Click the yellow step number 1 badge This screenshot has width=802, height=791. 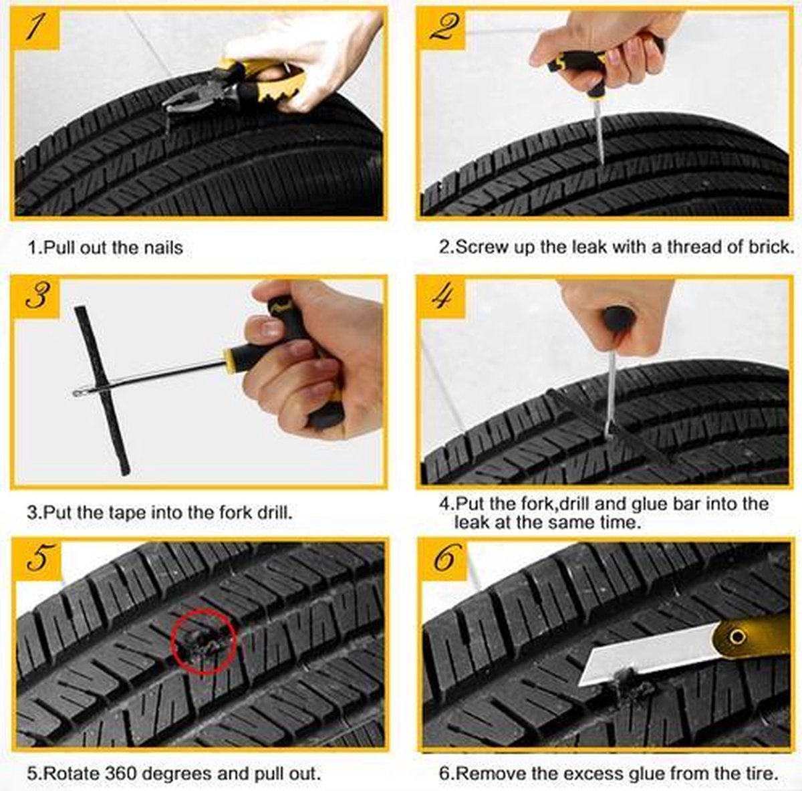(x=36, y=29)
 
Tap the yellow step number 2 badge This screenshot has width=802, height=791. (x=442, y=29)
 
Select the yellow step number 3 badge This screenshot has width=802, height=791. (x=36, y=298)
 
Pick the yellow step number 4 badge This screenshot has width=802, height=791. (x=442, y=298)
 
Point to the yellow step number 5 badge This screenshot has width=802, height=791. (x=37, y=560)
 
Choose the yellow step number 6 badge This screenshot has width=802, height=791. (x=444, y=560)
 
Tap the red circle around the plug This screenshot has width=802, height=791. (x=204, y=642)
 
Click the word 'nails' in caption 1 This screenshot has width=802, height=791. (x=163, y=248)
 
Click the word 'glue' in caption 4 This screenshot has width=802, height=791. (x=648, y=504)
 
